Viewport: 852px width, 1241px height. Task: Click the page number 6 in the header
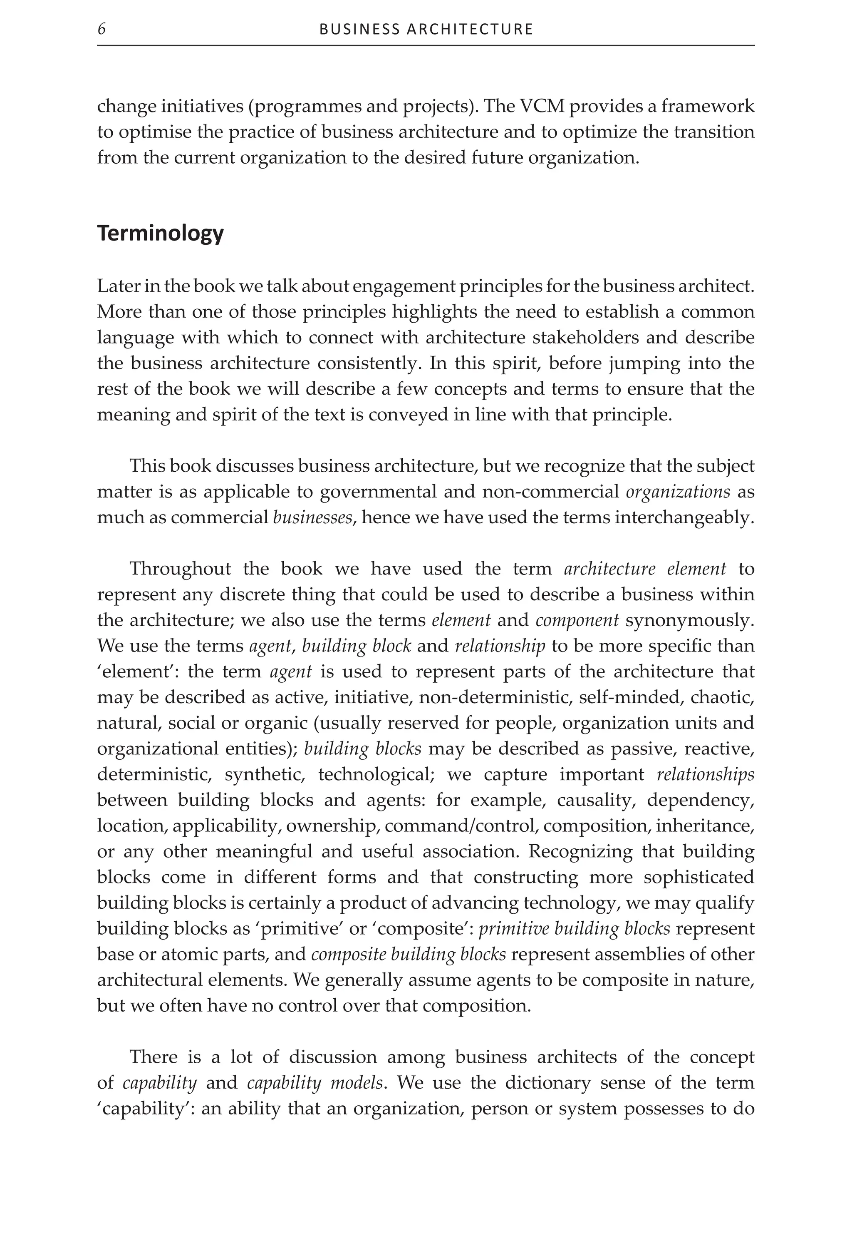pyautogui.click(x=102, y=29)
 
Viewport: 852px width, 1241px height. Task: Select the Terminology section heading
pyautogui.click(x=160, y=234)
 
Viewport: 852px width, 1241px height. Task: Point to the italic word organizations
pyautogui.click(x=677, y=492)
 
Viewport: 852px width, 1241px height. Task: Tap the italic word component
pyautogui.click(x=577, y=620)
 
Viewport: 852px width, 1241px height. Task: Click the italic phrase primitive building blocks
pyautogui.click(x=574, y=928)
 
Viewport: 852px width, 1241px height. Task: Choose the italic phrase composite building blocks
pyautogui.click(x=409, y=954)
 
